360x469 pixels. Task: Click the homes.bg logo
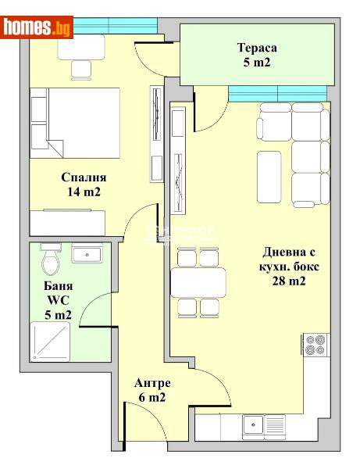[37, 27]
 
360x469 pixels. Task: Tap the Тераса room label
[257, 48]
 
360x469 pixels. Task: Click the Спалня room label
[84, 177]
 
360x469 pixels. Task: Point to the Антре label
[152, 383]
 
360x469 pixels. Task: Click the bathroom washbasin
[86, 253]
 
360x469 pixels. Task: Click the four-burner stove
[316, 345]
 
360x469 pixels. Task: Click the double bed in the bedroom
[75, 125]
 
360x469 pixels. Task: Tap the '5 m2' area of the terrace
[256, 64]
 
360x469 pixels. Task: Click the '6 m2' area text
[152, 398]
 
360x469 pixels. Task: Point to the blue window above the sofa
[277, 96]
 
